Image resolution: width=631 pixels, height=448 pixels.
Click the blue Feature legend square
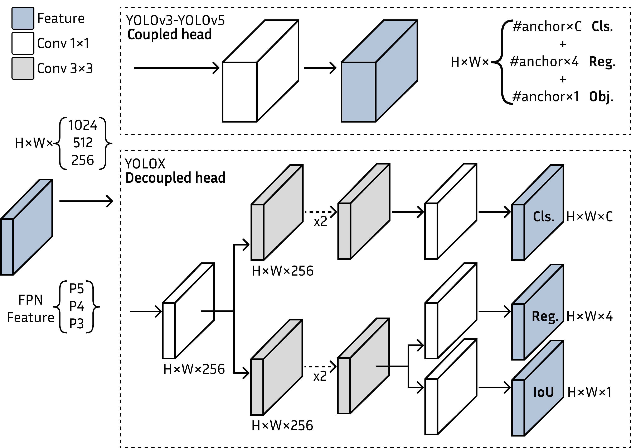23,18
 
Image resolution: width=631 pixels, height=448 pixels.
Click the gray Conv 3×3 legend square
23,68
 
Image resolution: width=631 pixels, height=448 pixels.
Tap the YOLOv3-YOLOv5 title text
175,21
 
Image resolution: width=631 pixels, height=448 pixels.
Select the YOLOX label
145,164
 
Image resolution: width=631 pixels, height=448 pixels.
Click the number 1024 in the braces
83,125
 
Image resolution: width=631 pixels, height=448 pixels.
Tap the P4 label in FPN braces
76,306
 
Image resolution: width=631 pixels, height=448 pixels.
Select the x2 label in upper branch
320,222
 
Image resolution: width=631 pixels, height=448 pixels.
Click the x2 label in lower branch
320,376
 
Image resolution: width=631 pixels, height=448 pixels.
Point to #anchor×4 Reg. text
562,62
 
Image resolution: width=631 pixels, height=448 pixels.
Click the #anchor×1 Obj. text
562,97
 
